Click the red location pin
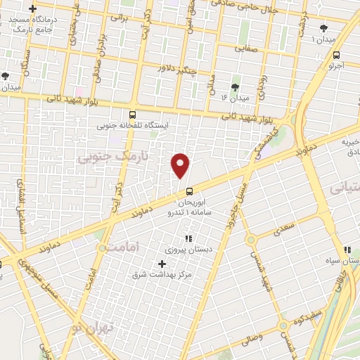click(181, 165)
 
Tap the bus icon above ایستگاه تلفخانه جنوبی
click(133, 115)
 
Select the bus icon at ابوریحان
click(189, 192)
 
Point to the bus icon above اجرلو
click(337, 55)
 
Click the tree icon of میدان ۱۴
click(234, 87)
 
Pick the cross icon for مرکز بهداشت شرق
click(162, 264)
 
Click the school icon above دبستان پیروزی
click(188, 238)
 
